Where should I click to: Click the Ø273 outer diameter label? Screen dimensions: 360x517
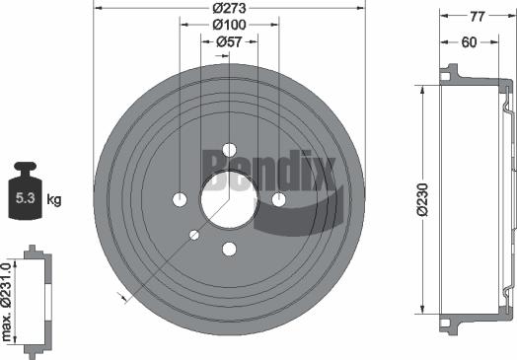click(x=228, y=9)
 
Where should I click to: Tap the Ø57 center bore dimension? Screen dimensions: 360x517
click(x=229, y=42)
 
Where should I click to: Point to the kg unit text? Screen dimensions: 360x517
click(x=54, y=200)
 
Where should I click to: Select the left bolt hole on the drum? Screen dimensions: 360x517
click(x=180, y=200)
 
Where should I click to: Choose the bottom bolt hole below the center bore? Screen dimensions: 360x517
click(x=229, y=249)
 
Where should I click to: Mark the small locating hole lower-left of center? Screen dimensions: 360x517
click(x=194, y=235)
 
